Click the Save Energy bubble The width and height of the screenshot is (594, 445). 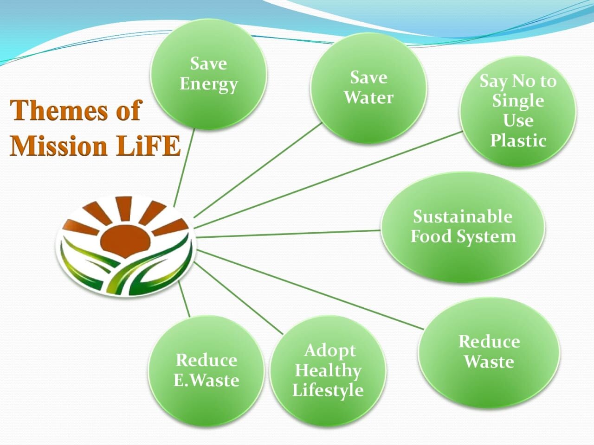(x=208, y=74)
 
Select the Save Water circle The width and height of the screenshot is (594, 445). (x=368, y=88)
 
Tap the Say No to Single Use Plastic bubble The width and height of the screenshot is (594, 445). (x=518, y=111)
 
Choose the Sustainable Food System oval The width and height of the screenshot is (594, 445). (x=463, y=227)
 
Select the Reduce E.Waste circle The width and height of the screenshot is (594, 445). (x=207, y=370)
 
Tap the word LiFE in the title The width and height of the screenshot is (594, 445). (x=148, y=146)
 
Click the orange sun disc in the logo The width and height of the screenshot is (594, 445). (x=126, y=242)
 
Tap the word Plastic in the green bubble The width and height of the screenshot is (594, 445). (x=518, y=141)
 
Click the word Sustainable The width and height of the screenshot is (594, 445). (x=463, y=216)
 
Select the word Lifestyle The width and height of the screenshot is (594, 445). (x=328, y=390)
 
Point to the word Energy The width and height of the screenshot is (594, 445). (x=208, y=84)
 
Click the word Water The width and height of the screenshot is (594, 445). (x=368, y=97)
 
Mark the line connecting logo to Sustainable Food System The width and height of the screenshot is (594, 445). (x=288, y=234)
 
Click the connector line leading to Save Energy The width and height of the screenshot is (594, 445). (x=184, y=168)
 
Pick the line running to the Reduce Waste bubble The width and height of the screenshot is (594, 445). (x=310, y=289)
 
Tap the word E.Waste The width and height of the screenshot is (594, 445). (x=206, y=381)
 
